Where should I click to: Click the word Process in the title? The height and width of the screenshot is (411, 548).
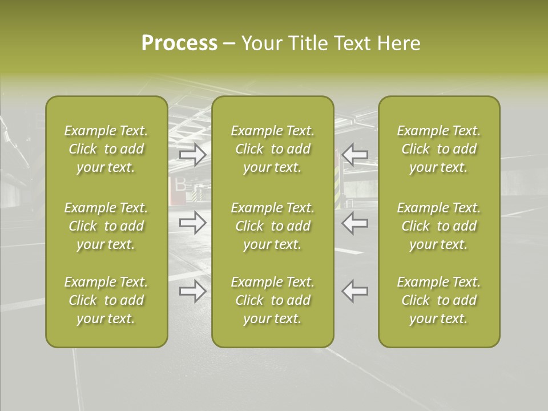(179, 43)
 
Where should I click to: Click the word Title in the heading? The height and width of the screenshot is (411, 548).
(308, 43)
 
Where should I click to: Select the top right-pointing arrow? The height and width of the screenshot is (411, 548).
(193, 154)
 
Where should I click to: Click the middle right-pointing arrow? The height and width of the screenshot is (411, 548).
(193, 223)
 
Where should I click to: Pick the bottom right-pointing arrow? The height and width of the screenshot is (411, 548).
(193, 291)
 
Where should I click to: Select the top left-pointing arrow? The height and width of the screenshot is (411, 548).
(355, 154)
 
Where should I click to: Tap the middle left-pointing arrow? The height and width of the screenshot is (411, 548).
(355, 223)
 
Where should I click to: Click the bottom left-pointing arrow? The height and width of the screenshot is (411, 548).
(355, 291)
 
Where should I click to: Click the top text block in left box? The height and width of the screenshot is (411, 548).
(106, 149)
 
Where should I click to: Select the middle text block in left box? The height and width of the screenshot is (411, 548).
(106, 226)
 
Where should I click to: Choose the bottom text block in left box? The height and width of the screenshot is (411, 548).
(106, 300)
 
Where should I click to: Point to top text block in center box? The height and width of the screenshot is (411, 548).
(272, 149)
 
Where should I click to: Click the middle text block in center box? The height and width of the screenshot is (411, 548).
(272, 226)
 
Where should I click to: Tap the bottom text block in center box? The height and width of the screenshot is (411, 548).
(272, 300)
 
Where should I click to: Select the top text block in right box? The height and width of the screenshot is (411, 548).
(438, 149)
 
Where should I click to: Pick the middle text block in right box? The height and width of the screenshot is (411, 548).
(438, 226)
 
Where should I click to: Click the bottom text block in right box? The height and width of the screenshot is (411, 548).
(438, 300)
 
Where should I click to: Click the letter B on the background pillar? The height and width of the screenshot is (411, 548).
(180, 184)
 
